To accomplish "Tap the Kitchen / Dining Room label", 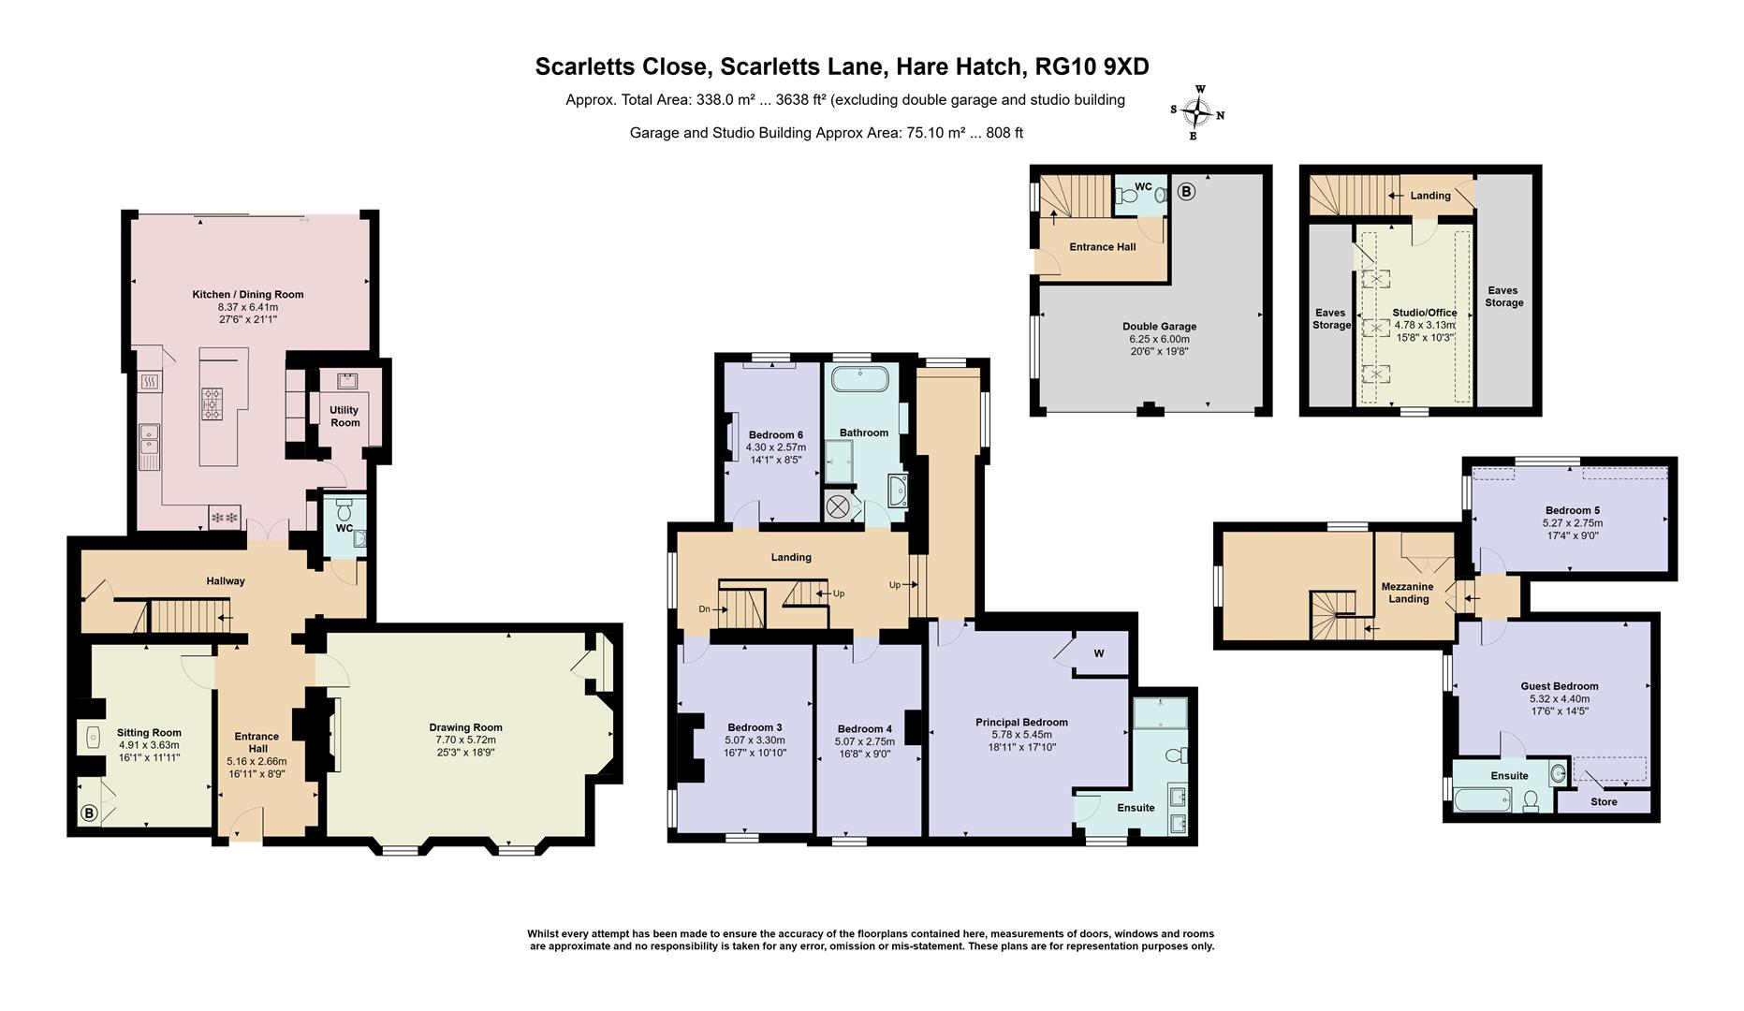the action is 248,294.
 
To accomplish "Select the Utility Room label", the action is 345,417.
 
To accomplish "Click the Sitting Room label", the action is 149,733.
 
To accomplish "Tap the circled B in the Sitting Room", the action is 90,813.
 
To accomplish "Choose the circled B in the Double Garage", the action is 1186,193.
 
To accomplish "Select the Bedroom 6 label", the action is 776,434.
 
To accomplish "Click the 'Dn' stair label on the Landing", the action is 704,609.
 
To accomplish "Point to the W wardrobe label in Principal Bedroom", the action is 1099,653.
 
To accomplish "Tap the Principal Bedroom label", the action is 1021,723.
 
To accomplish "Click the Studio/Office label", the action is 1426,313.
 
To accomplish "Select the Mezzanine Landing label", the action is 1408,593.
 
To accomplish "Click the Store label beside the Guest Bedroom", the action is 1604,801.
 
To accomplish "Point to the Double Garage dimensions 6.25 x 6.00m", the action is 1159,339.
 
